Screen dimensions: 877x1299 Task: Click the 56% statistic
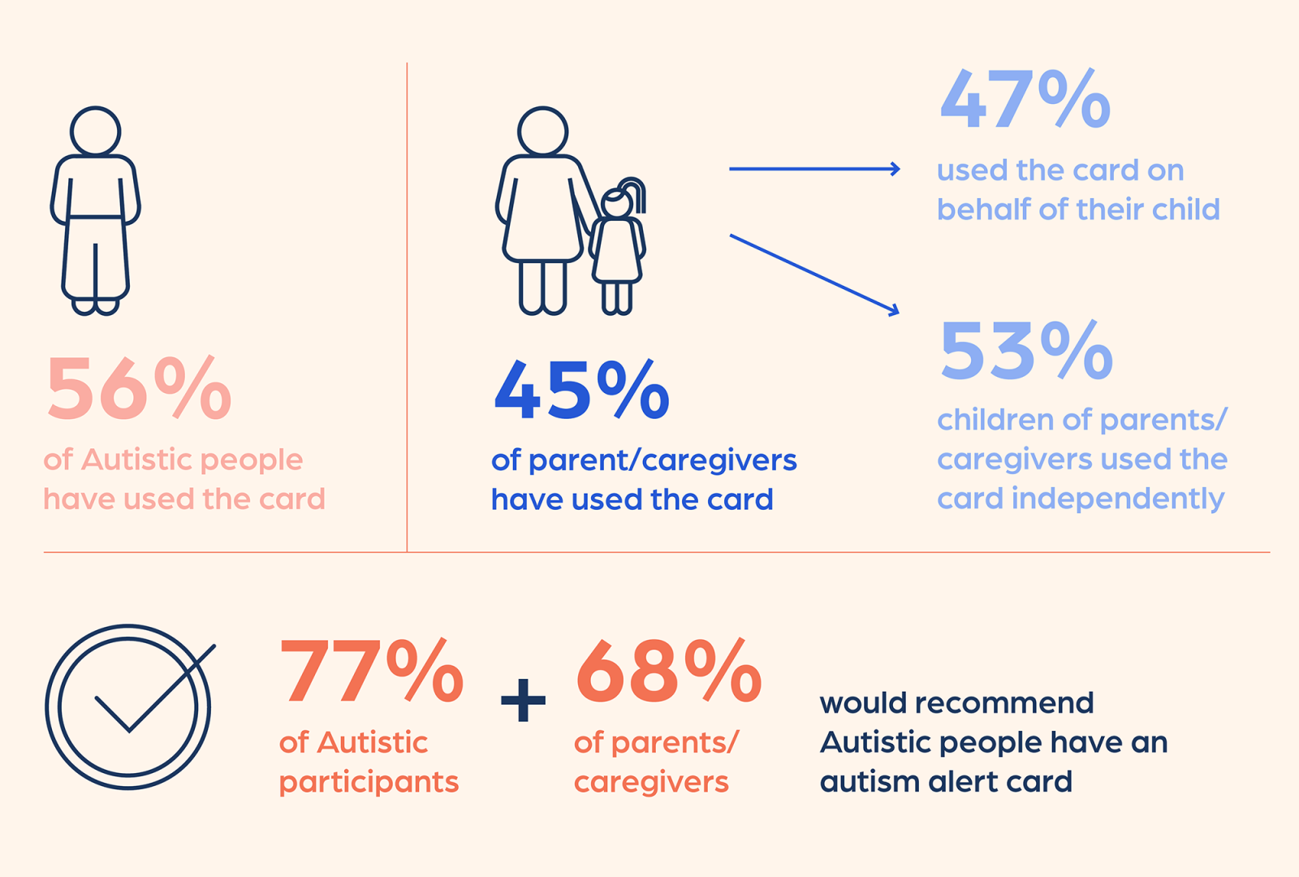click(139, 389)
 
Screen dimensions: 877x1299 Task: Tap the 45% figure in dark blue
click(581, 391)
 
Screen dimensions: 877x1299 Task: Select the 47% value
click(1025, 100)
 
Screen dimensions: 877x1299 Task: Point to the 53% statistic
click(1026, 351)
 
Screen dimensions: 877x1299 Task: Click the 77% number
click(371, 672)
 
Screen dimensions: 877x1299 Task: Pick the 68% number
click(668, 672)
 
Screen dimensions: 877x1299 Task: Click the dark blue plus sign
click(523, 700)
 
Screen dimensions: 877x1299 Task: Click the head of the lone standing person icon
click(95, 131)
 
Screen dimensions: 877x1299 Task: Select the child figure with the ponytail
click(619, 248)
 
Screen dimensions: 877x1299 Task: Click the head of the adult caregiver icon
click(542, 131)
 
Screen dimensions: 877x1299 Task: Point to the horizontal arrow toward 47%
click(814, 169)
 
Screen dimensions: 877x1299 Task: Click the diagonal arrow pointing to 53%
click(814, 274)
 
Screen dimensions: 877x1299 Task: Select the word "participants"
click(369, 782)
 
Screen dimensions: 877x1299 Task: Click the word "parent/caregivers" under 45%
click(662, 460)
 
